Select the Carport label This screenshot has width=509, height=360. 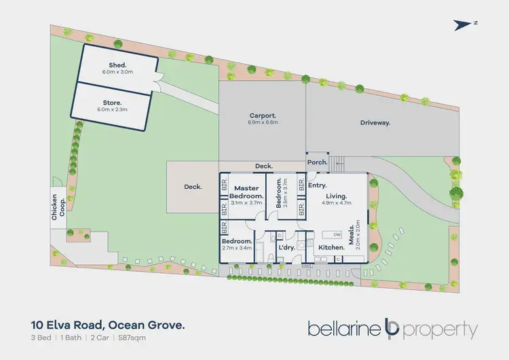[262, 116]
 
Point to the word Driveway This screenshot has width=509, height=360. [375, 123]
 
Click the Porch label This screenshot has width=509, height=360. [317, 163]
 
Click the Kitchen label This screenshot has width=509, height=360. [332, 248]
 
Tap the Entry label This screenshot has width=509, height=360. [317, 185]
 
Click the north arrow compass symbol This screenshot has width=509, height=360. [465, 24]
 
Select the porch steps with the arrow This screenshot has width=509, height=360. [338, 163]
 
